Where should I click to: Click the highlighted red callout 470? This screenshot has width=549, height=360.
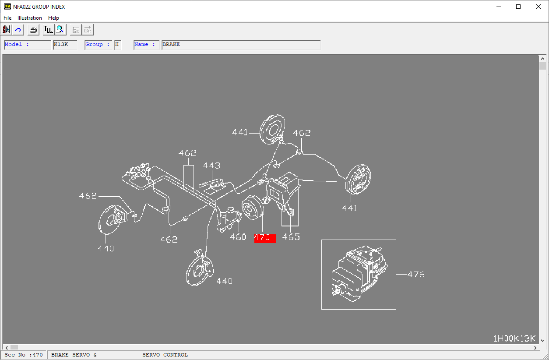click(x=265, y=238)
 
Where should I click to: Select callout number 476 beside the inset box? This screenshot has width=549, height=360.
click(x=416, y=275)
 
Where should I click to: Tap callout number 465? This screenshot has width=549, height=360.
click(x=291, y=237)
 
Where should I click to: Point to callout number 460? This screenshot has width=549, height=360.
click(x=238, y=237)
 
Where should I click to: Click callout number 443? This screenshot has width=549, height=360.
click(x=211, y=166)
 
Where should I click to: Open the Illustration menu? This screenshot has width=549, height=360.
click(x=30, y=18)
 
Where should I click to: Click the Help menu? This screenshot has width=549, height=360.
click(x=53, y=18)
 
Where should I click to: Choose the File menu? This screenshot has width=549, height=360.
click(x=7, y=18)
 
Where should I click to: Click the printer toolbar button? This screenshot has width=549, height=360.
click(x=33, y=30)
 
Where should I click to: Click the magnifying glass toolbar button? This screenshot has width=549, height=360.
click(x=60, y=30)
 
